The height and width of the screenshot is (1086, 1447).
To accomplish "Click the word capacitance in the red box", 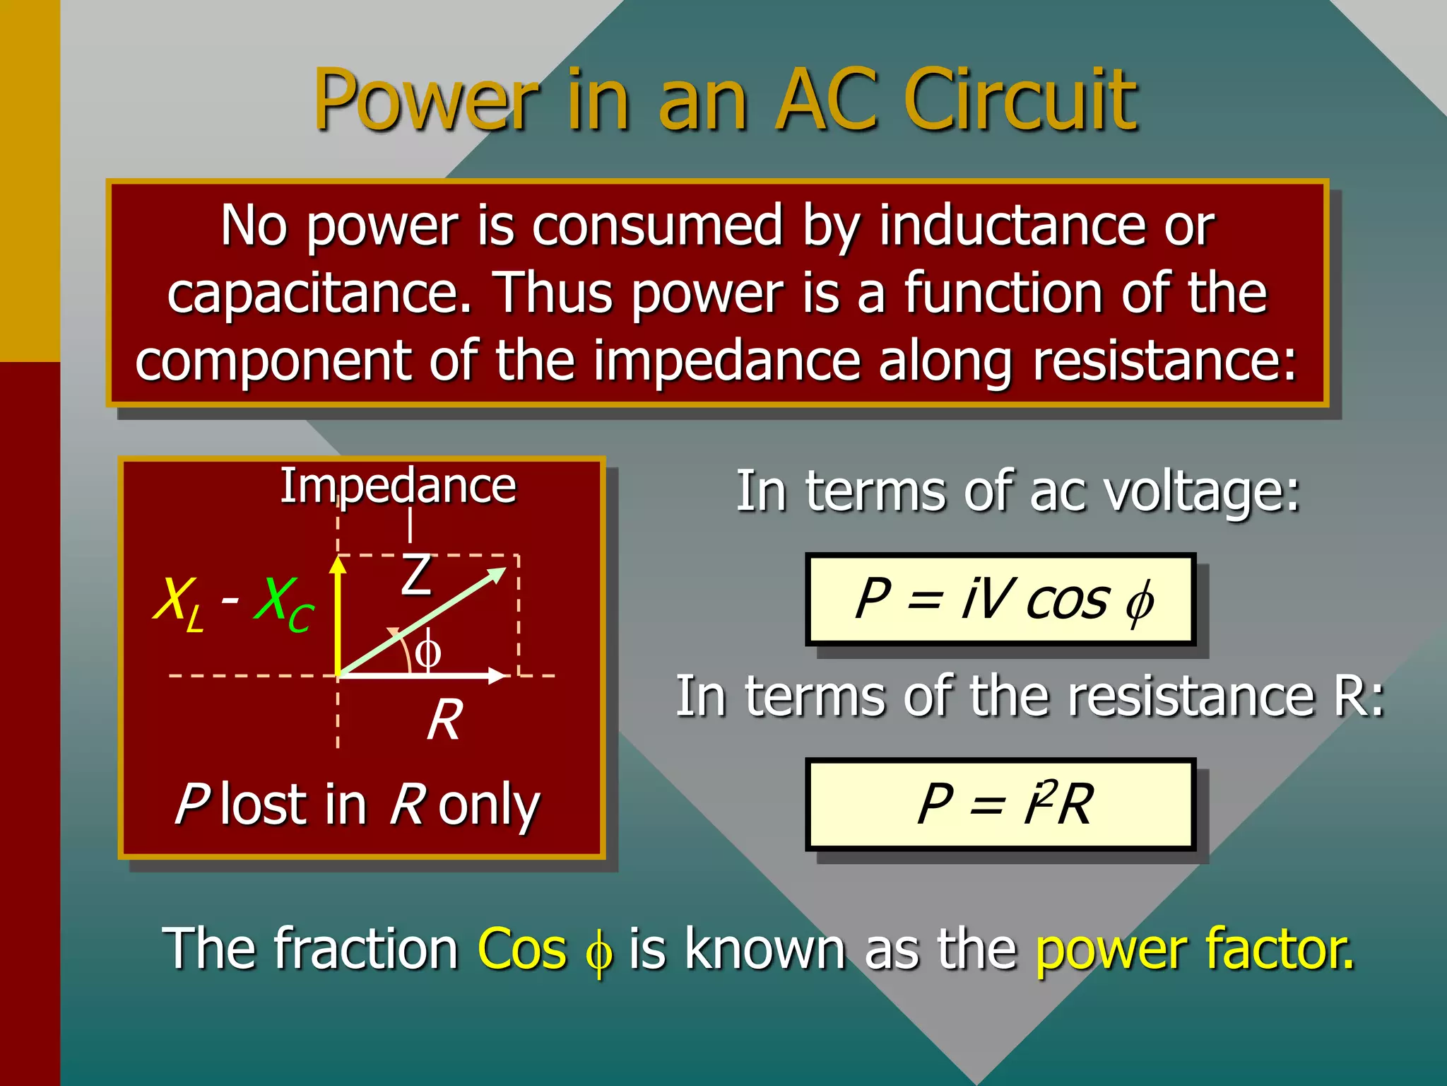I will [x=319, y=293].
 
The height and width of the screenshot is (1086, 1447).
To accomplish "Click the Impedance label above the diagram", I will [x=398, y=486].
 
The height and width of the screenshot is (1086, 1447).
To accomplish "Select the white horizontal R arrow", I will [x=424, y=676].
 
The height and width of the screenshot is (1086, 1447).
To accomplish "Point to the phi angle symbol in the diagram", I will [x=427, y=651].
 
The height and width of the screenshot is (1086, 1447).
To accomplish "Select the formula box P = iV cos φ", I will [x=1000, y=600].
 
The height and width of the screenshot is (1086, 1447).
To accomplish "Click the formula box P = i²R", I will [x=1000, y=804].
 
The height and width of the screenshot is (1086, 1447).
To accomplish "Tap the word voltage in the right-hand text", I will [x=1201, y=491].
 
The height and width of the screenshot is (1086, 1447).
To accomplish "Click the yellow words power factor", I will [x=1194, y=948].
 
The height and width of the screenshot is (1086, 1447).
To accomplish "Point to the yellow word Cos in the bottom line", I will [x=522, y=948].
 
